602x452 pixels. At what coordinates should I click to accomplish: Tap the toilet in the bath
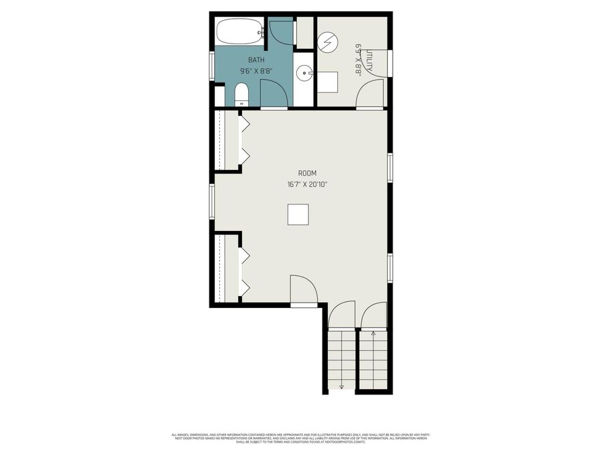(x=241, y=94)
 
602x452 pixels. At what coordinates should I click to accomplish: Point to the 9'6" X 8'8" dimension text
(x=256, y=71)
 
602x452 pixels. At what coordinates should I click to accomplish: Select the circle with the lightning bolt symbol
(x=328, y=43)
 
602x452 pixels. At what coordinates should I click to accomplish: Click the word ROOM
(x=298, y=173)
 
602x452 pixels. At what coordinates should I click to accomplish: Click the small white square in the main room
(x=298, y=215)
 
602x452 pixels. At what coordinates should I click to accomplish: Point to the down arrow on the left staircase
(x=341, y=385)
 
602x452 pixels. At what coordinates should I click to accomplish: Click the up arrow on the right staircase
(x=373, y=332)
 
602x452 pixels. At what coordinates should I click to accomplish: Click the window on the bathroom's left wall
(x=212, y=66)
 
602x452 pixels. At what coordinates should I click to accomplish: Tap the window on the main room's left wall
(x=212, y=201)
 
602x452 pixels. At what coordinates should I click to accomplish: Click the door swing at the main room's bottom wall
(x=303, y=289)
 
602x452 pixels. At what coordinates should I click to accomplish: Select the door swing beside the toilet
(x=273, y=93)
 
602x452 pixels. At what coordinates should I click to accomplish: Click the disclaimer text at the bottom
(x=300, y=439)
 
